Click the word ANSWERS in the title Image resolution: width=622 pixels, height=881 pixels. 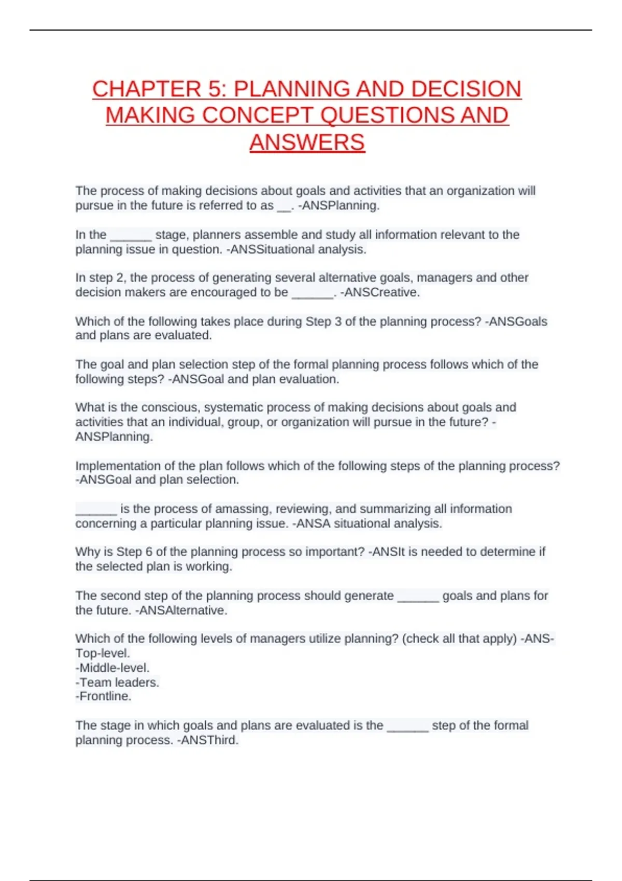tap(307, 143)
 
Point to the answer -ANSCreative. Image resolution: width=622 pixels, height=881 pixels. tap(379, 292)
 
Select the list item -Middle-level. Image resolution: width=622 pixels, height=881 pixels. tap(112, 667)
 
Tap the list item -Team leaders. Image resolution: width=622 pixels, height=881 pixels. tap(117, 682)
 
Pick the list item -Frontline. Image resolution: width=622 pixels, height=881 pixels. tap(103, 696)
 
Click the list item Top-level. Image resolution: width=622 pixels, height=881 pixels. tap(103, 653)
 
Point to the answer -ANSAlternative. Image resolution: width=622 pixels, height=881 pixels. tap(181, 610)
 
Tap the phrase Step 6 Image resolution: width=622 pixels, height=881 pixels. tap(134, 551)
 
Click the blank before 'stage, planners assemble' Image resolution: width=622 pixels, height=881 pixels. tap(131, 237)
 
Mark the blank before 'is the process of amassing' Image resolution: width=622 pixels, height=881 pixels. tap(96, 511)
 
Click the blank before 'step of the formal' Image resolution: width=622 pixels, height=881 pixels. tap(407, 728)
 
